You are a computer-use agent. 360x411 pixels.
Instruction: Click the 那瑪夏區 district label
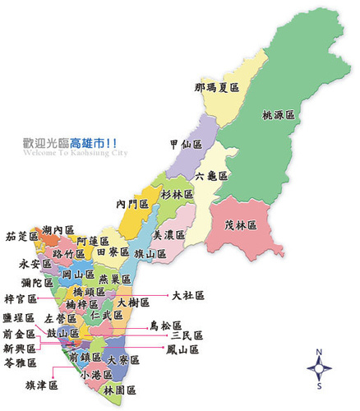pyautogui.click(x=217, y=86)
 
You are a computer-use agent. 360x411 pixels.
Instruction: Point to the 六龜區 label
pyautogui.click(x=213, y=175)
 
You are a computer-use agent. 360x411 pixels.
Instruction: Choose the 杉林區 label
pyautogui.click(x=178, y=194)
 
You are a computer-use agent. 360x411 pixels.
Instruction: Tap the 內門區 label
pyautogui.click(x=132, y=204)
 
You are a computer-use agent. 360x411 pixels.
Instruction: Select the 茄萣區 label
pyautogui.click(x=22, y=237)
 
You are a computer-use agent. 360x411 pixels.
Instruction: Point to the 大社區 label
pyautogui.click(x=188, y=294)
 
